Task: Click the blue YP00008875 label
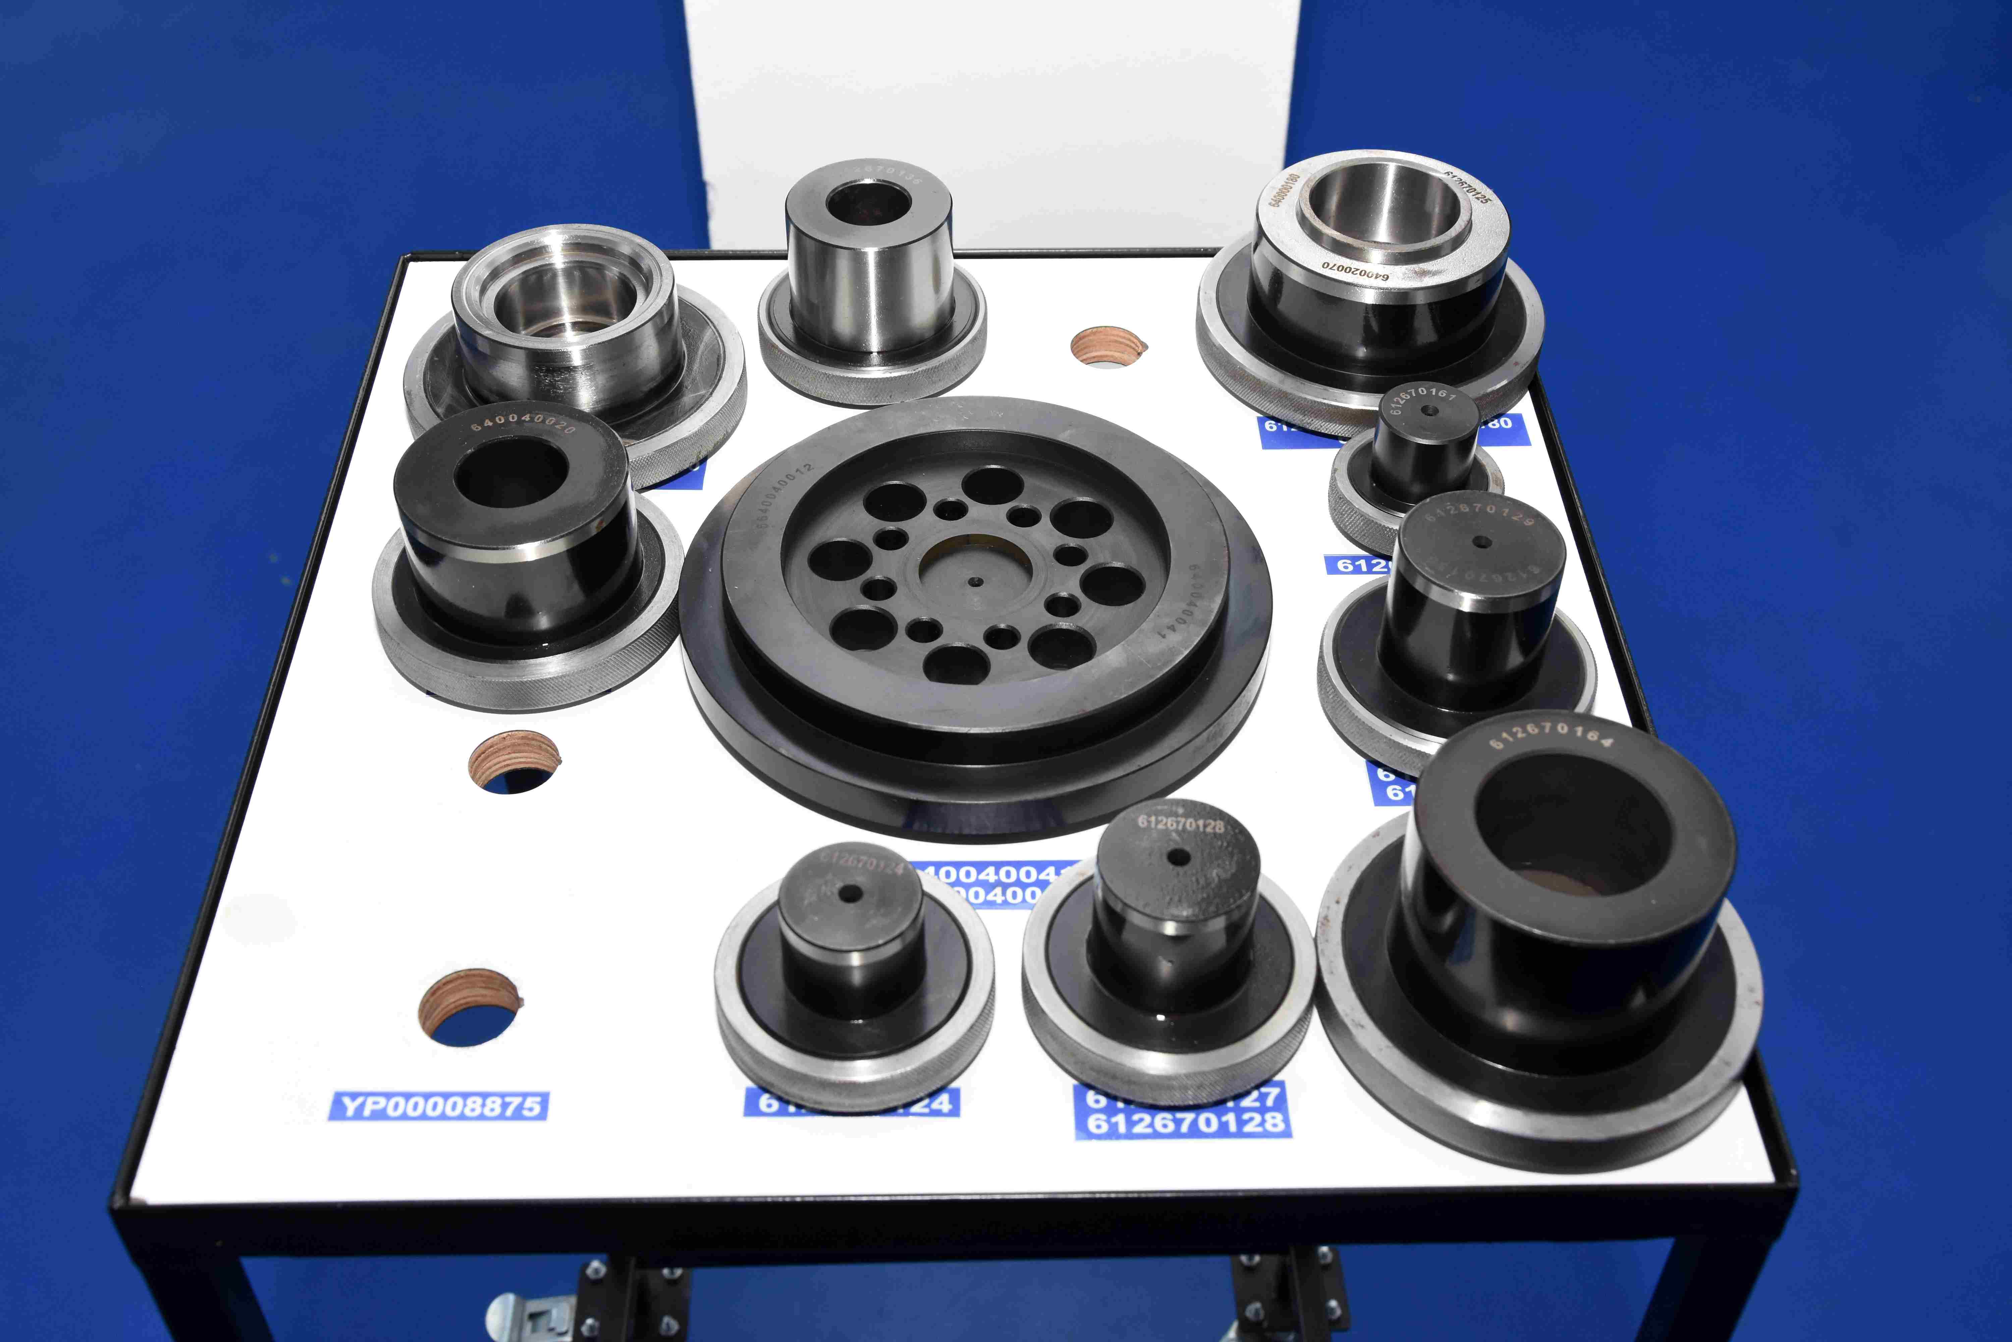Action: pos(438,1106)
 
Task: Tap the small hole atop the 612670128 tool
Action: pos(1179,857)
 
